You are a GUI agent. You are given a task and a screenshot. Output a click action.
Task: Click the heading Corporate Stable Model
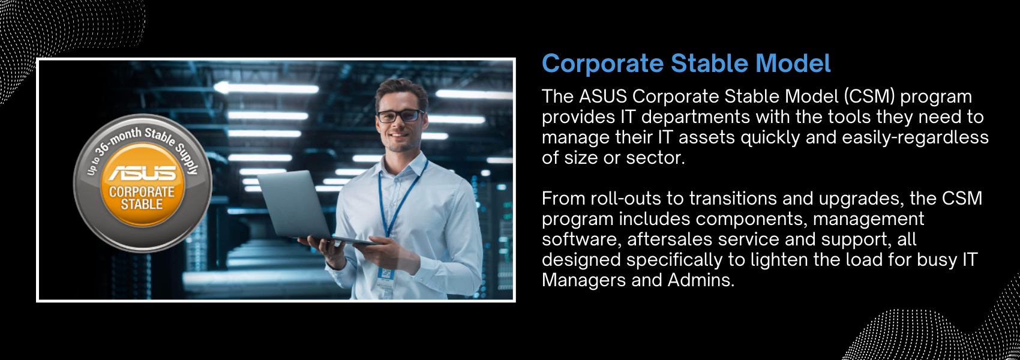(686, 64)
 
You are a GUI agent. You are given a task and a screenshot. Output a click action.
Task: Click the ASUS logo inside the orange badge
(143, 173)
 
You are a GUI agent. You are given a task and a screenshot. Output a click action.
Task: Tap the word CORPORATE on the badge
(142, 192)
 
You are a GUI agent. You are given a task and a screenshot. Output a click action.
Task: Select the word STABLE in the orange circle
(142, 205)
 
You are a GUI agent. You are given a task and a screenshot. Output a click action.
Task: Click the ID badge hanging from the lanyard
(385, 278)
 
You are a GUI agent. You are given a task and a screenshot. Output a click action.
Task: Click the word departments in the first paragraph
(695, 118)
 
